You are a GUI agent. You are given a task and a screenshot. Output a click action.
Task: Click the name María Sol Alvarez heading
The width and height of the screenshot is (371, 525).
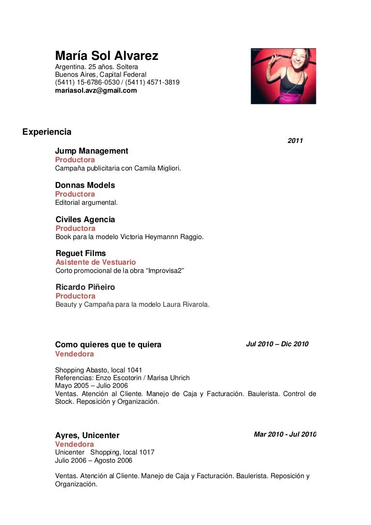click(106, 57)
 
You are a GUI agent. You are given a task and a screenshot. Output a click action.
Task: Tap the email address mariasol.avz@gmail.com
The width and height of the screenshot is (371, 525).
click(96, 90)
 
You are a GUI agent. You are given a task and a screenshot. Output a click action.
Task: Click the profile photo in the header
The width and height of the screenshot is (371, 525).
click(283, 76)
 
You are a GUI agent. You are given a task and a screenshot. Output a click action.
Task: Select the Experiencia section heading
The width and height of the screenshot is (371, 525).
click(47, 132)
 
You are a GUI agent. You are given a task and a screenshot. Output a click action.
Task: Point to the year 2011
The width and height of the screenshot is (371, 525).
click(295, 141)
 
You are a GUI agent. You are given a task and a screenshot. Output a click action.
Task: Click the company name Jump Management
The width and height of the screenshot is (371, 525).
click(91, 151)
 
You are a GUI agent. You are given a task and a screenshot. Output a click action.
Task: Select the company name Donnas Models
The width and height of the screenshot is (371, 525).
click(85, 185)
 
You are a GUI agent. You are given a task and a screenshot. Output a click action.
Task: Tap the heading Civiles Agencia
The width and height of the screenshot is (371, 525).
click(85, 220)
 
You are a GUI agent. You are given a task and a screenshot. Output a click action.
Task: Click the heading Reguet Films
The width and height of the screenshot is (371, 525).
click(81, 254)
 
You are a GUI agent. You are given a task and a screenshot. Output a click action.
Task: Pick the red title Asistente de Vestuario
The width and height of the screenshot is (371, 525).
click(96, 262)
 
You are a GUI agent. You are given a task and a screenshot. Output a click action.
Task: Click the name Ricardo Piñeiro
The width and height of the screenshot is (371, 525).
click(85, 287)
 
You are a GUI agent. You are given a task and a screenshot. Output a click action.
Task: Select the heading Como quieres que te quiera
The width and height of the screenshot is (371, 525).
click(108, 345)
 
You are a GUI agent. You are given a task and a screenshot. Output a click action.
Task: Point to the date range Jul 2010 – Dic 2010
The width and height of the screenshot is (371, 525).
click(277, 344)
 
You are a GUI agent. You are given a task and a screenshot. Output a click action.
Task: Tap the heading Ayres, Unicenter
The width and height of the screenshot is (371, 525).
click(87, 435)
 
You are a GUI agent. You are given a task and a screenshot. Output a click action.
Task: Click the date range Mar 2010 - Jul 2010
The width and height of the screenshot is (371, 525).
click(285, 435)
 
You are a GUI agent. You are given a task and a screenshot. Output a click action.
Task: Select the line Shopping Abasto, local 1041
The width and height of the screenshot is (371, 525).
click(99, 370)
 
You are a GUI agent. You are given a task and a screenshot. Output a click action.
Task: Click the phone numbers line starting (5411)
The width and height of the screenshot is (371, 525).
click(117, 83)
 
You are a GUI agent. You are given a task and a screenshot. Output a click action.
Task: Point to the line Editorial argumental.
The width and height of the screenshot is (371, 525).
click(86, 202)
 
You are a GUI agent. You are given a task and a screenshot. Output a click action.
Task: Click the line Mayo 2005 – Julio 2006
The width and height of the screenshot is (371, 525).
click(91, 385)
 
